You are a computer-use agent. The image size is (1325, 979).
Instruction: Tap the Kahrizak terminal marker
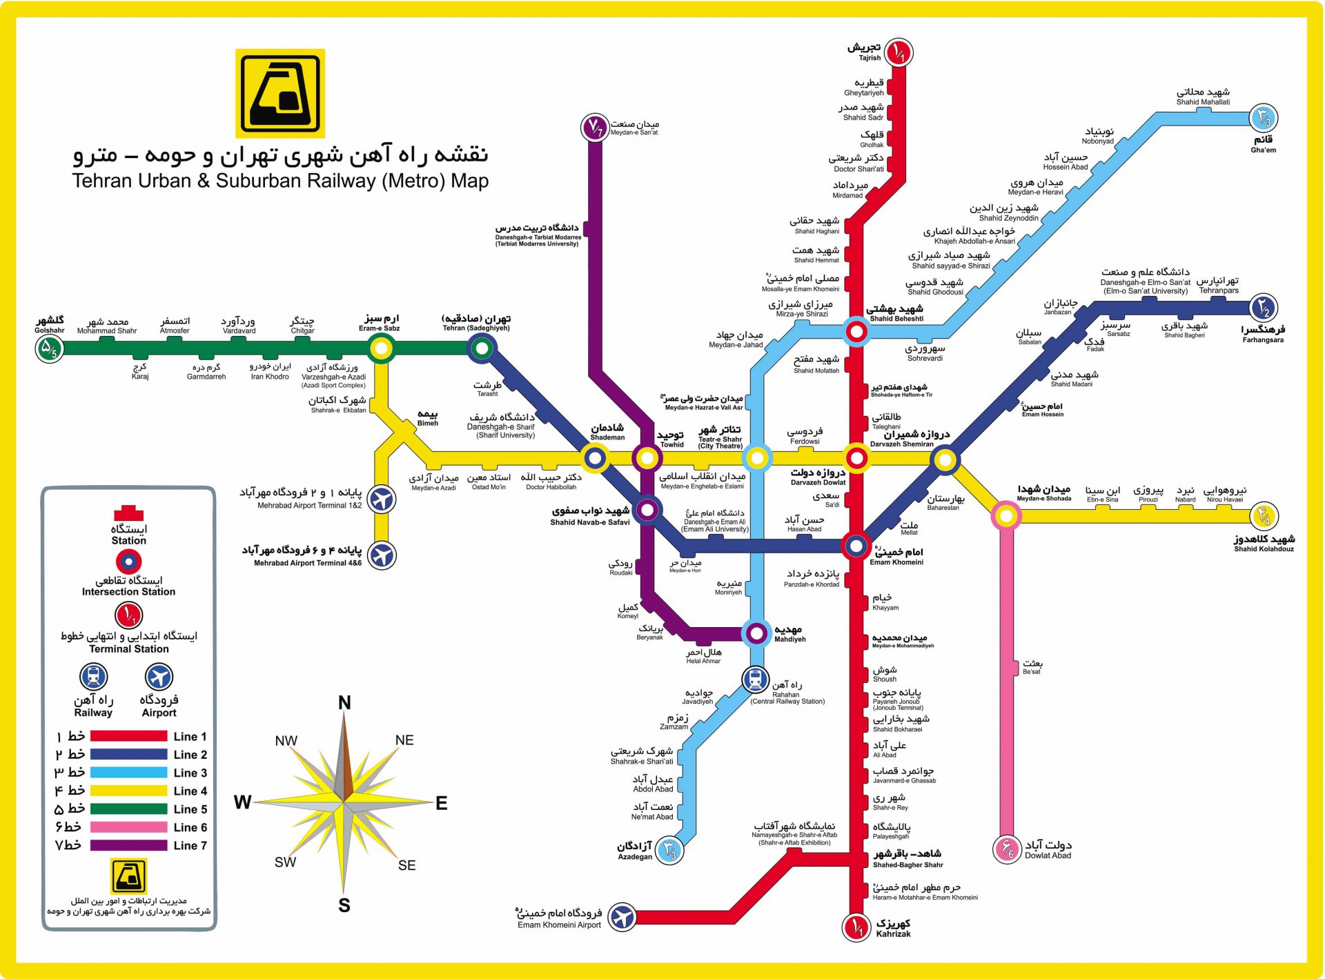pyautogui.click(x=856, y=927)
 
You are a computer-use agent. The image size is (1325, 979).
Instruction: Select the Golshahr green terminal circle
pyautogui.click(x=49, y=348)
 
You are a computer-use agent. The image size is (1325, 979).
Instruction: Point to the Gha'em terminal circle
pyautogui.click(x=1264, y=119)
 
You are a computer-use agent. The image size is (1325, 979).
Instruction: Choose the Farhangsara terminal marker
pyautogui.click(x=1264, y=308)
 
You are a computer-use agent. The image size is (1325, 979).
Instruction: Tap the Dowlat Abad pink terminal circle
pyautogui.click(x=1007, y=849)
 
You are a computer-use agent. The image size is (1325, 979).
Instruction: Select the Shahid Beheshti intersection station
pyautogui.click(x=856, y=332)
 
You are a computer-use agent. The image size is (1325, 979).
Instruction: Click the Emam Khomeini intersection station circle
pyautogui.click(x=856, y=546)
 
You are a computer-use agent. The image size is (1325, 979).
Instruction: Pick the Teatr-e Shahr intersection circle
pyautogui.click(x=757, y=457)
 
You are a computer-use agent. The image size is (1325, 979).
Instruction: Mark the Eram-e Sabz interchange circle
pyautogui.click(x=381, y=348)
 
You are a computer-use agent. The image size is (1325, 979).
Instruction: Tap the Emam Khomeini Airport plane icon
pyautogui.click(x=622, y=918)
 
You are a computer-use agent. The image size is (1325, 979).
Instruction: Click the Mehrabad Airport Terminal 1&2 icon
pyautogui.click(x=382, y=499)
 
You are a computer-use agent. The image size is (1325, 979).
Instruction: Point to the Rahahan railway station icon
pyautogui.click(x=756, y=680)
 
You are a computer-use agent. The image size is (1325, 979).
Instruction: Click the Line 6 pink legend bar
pyautogui.click(x=128, y=827)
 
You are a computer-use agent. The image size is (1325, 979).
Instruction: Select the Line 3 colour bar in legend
pyautogui.click(x=128, y=773)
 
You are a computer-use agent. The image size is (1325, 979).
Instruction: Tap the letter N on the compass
pyautogui.click(x=344, y=703)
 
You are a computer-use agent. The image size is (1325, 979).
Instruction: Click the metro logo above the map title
pyautogui.click(x=280, y=93)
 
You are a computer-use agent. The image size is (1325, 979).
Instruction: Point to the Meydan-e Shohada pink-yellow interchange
pyautogui.click(x=1006, y=515)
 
